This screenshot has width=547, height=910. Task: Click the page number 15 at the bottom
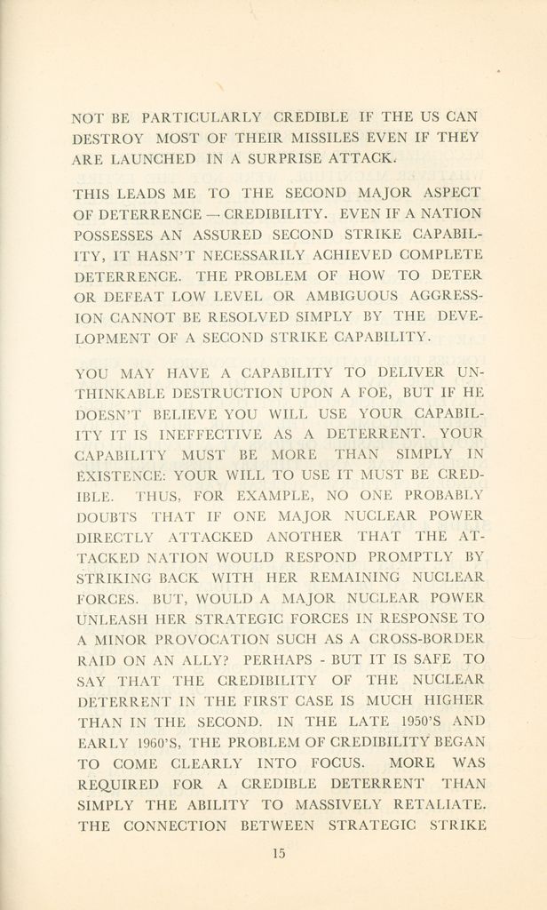click(x=278, y=854)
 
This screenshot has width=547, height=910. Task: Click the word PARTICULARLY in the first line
click(x=202, y=116)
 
